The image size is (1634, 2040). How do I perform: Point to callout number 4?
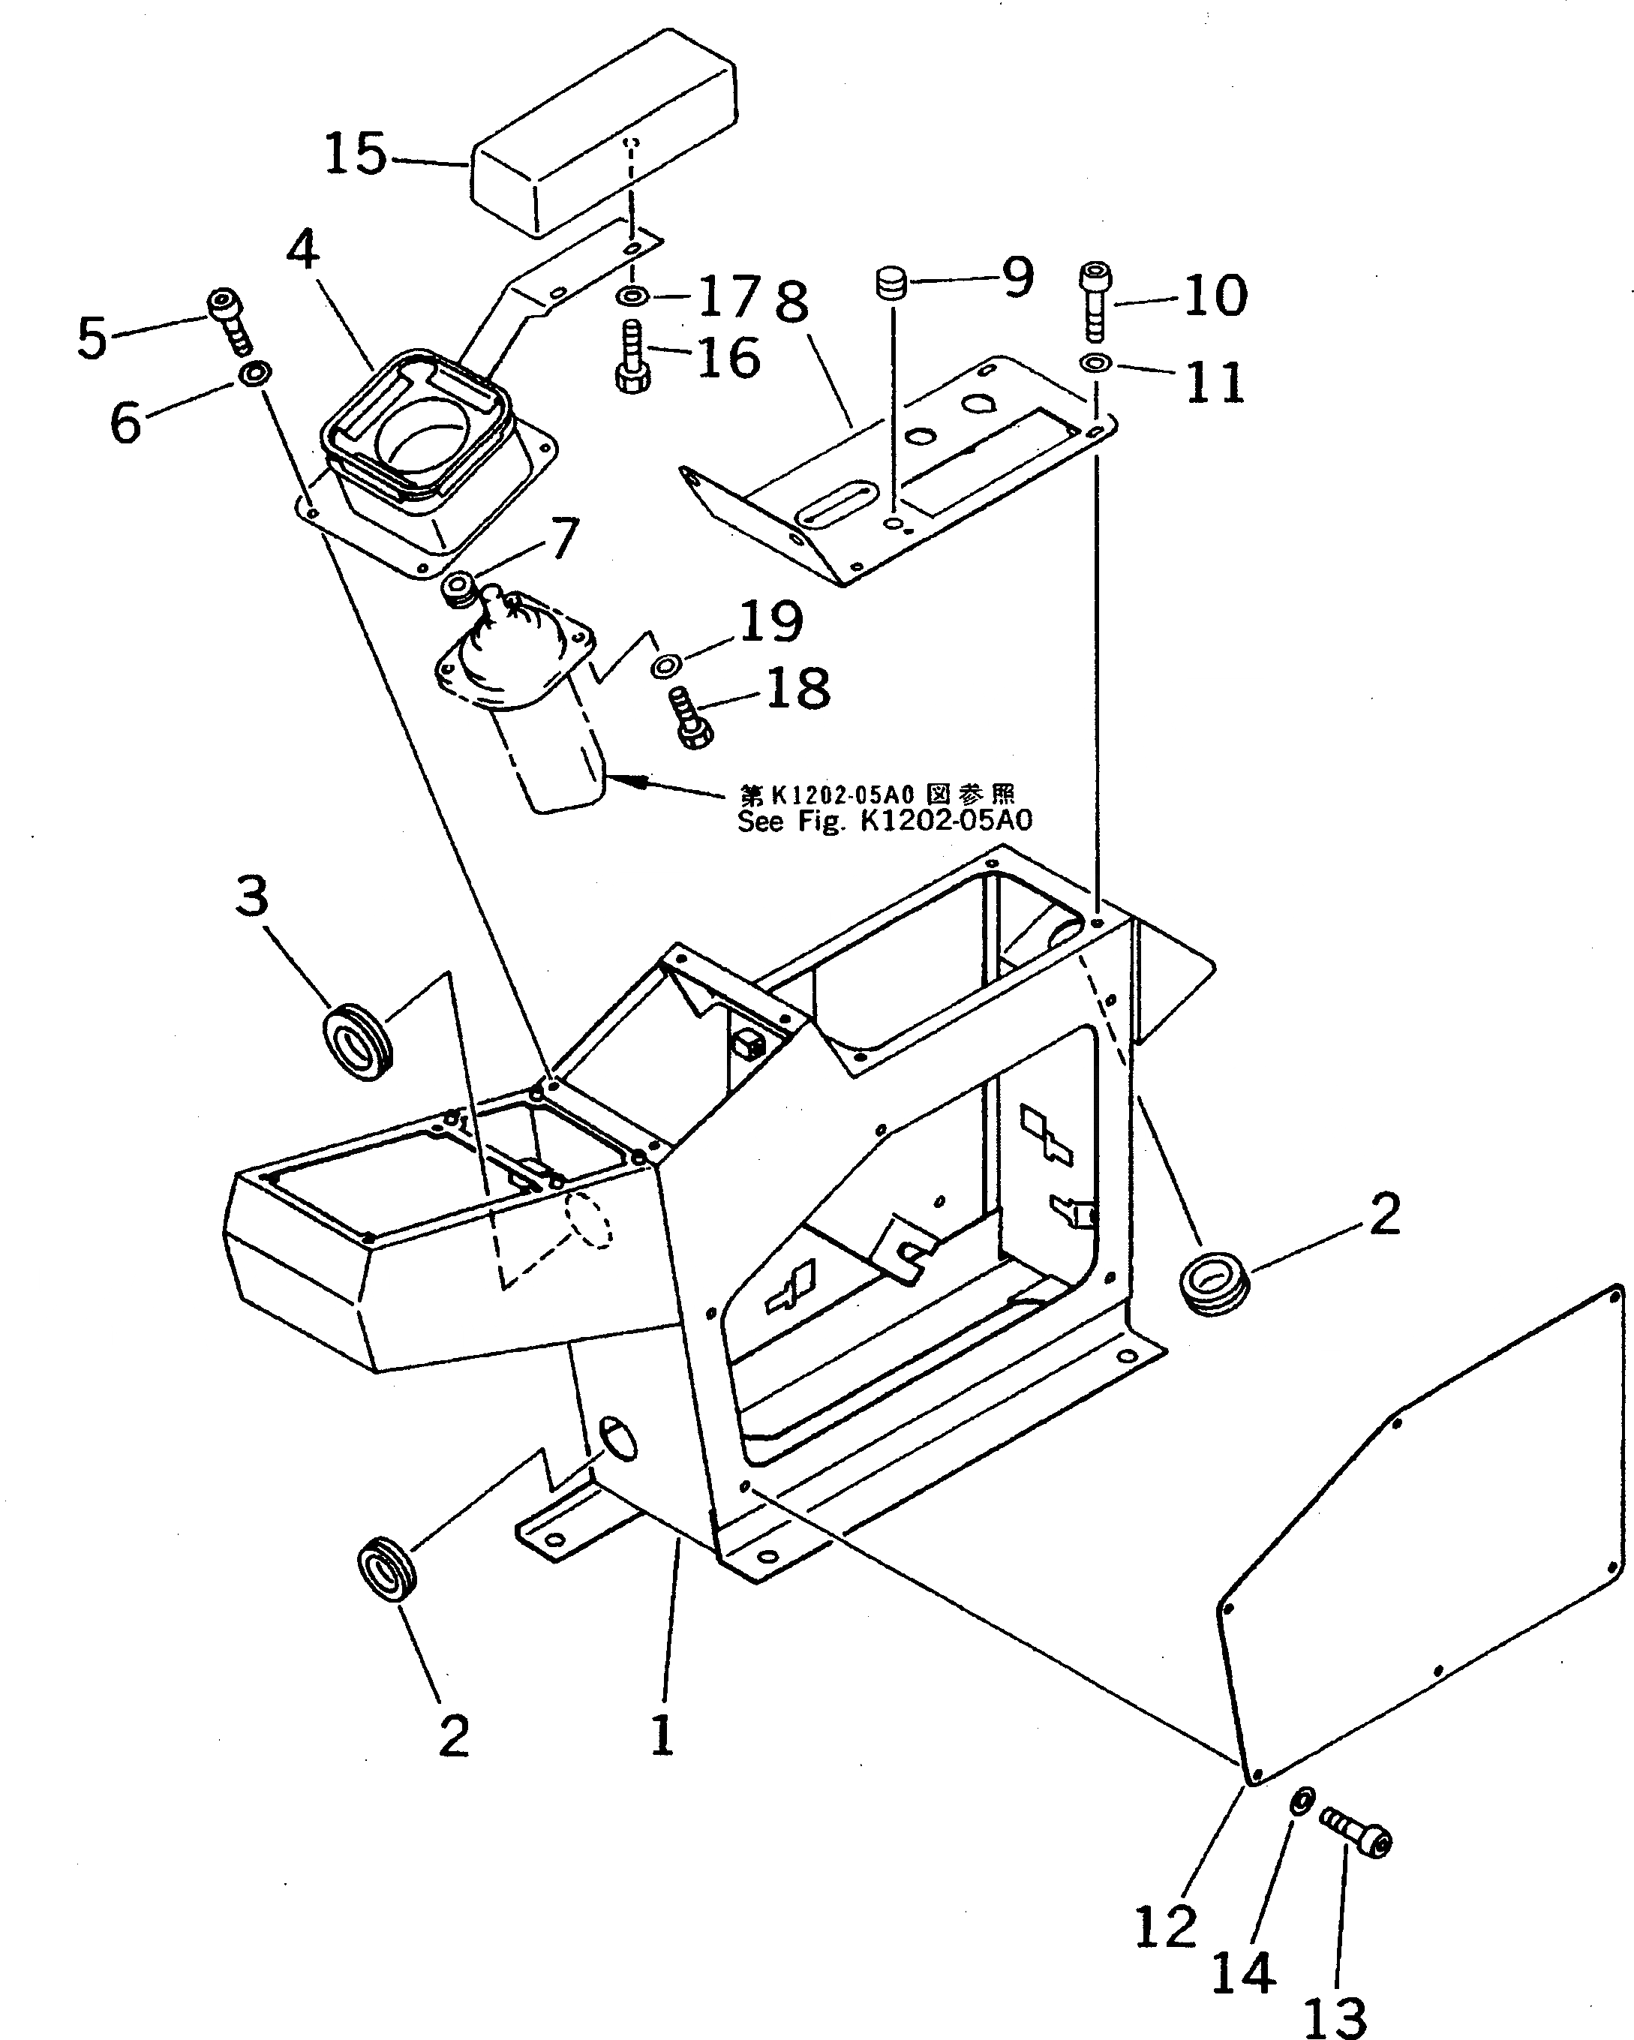303,250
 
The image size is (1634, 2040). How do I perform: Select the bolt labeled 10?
1095,300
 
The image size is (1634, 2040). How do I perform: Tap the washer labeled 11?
1095,362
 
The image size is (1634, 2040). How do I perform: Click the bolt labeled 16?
632,359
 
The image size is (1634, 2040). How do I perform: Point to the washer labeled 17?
631,298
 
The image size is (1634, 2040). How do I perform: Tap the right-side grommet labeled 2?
1214,1285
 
